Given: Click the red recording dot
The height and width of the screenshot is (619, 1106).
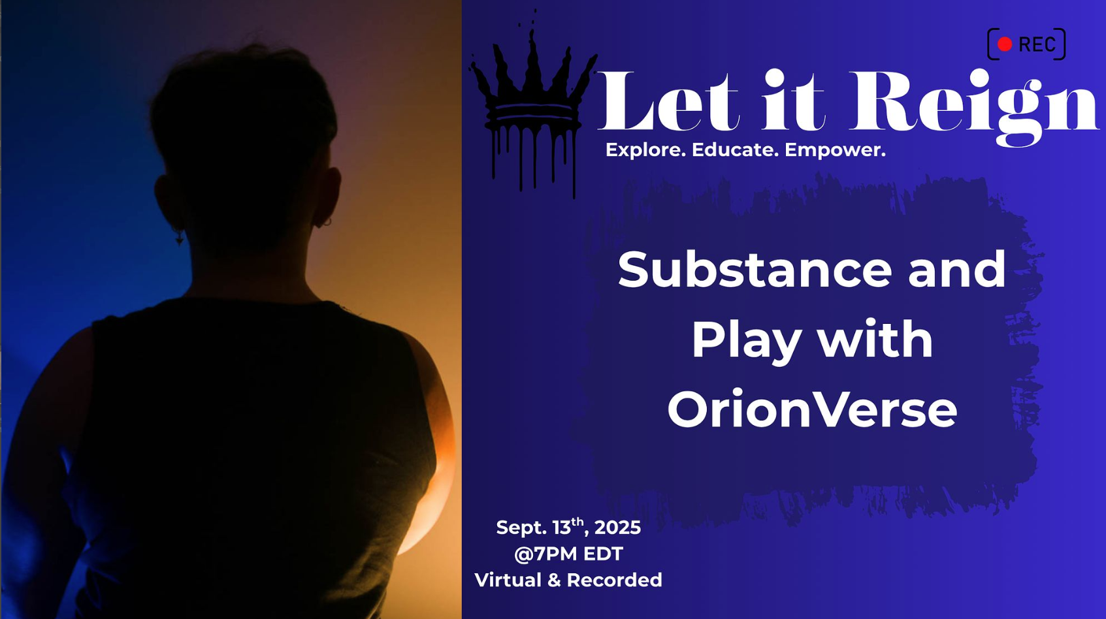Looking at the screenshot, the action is (x=1004, y=44).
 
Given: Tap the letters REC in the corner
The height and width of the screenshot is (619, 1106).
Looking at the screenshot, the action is (x=1037, y=45).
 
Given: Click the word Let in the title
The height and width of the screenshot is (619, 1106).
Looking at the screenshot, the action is (x=669, y=101).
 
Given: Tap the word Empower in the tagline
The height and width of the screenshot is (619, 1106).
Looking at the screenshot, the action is (x=835, y=150).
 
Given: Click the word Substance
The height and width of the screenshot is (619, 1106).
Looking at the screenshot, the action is (x=755, y=270).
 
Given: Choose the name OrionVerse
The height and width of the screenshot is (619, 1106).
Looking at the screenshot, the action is (x=812, y=409).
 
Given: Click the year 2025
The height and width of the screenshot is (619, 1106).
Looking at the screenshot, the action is (x=617, y=528).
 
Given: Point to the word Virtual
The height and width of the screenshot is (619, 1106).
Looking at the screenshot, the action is (x=508, y=580).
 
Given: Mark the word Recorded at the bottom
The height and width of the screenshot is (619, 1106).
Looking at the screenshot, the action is (x=614, y=580).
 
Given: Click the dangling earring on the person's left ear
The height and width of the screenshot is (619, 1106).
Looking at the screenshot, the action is (x=179, y=238).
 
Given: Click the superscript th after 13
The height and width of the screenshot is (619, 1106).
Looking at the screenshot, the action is (x=577, y=522).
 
